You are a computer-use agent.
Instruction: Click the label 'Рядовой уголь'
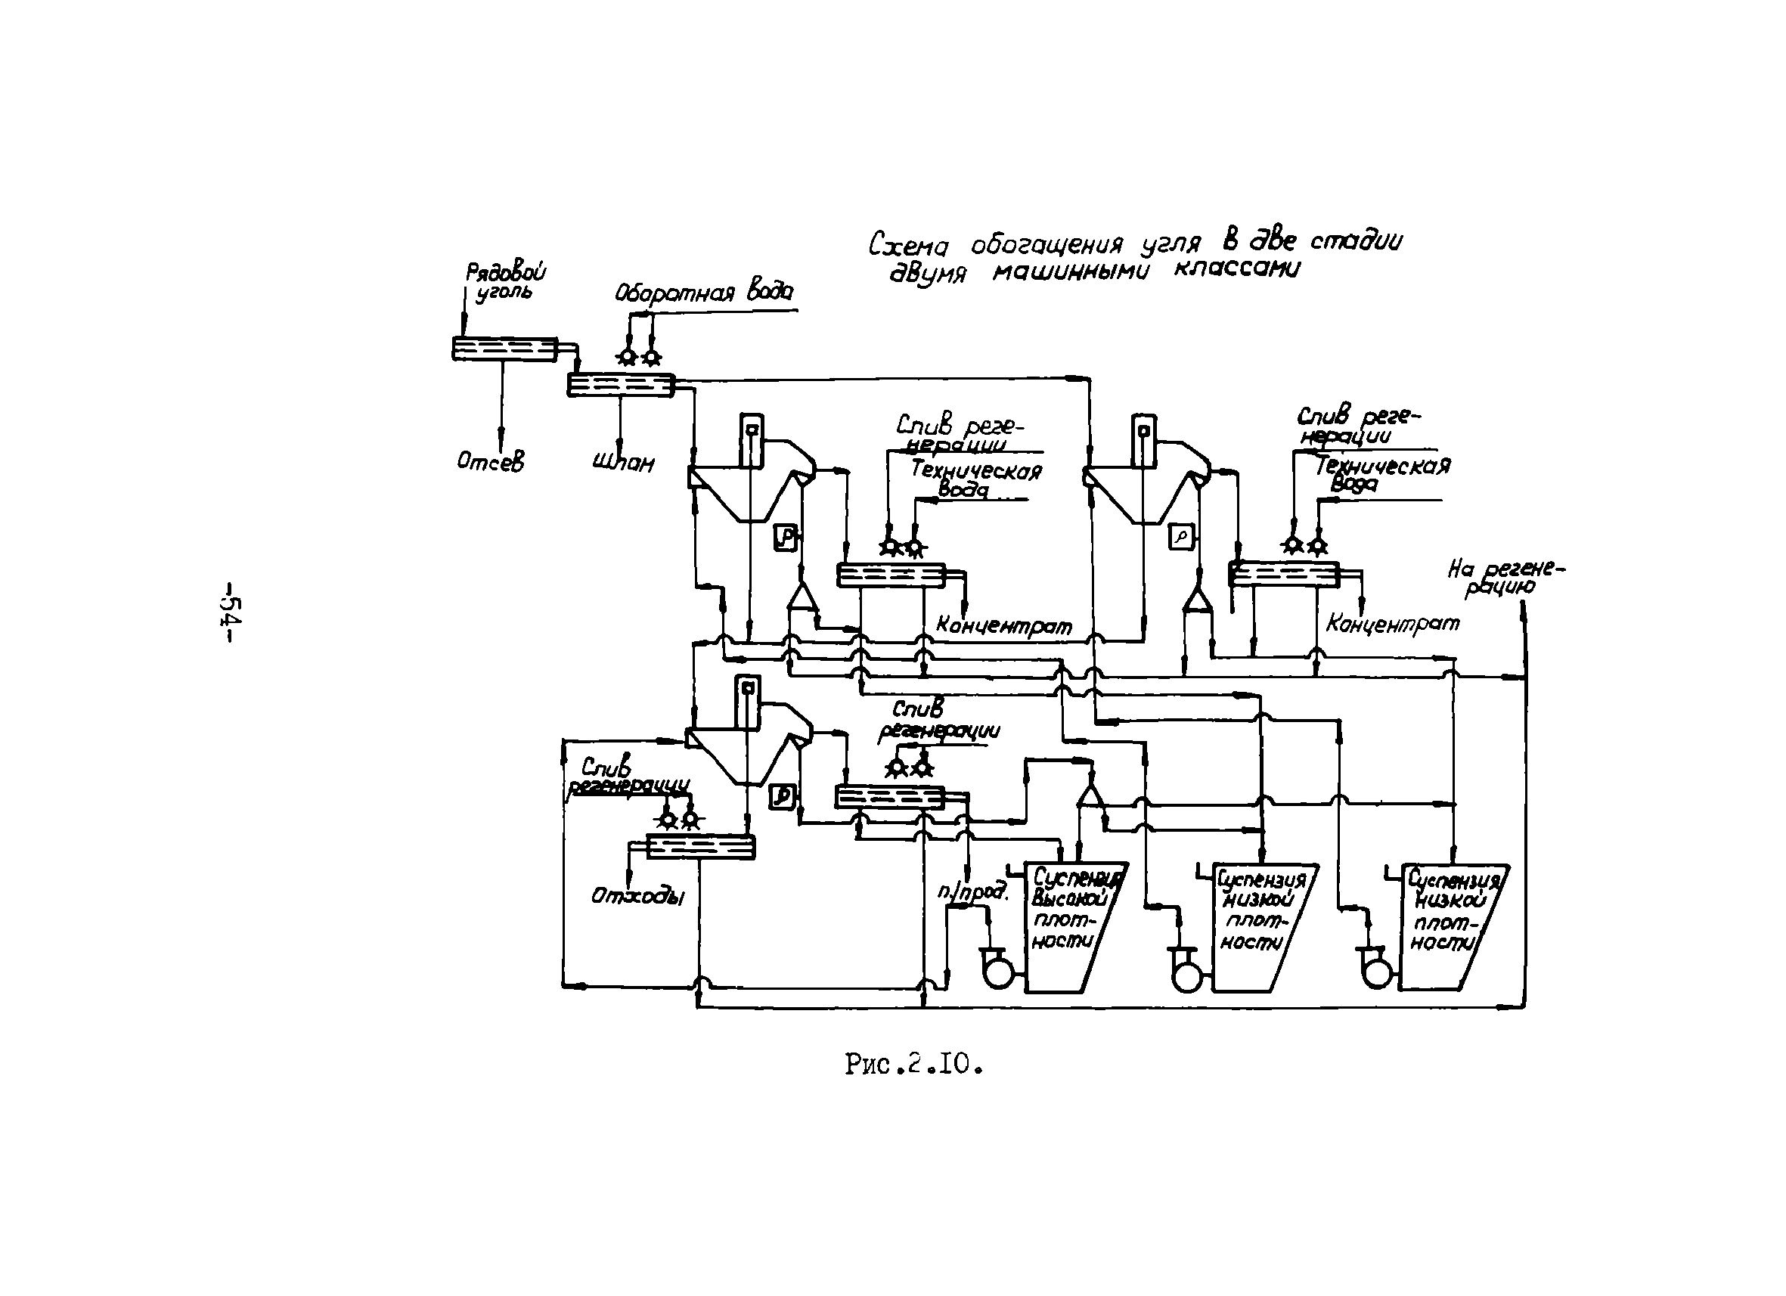(x=506, y=282)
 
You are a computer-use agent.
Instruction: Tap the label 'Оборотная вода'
(x=703, y=292)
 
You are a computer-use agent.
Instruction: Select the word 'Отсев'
(x=490, y=462)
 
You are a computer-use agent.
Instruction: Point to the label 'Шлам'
(x=623, y=462)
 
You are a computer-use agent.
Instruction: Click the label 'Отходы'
(x=637, y=896)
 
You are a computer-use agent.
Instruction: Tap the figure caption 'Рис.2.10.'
(x=914, y=1065)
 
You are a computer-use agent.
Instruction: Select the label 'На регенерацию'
(x=1505, y=577)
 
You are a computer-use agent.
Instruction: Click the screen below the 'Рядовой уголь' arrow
(x=504, y=349)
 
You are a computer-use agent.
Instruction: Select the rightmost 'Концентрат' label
(x=1392, y=624)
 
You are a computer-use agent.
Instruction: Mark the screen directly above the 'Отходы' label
(x=700, y=847)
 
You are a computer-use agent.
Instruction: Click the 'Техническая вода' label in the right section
(x=1381, y=474)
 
